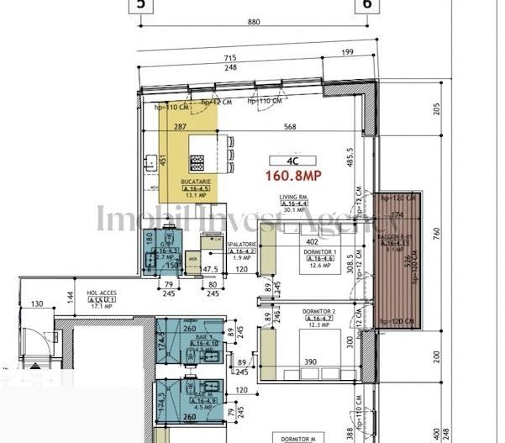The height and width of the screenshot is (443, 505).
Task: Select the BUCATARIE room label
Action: pyautogui.click(x=195, y=182)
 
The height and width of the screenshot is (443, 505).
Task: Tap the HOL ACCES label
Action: pyautogui.click(x=101, y=294)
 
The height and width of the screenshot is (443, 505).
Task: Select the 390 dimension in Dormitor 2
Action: pyautogui.click(x=310, y=361)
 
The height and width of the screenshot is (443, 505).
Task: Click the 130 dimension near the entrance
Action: pyautogui.click(x=36, y=303)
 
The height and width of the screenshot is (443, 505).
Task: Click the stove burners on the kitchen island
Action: pyautogui.click(x=197, y=160)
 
